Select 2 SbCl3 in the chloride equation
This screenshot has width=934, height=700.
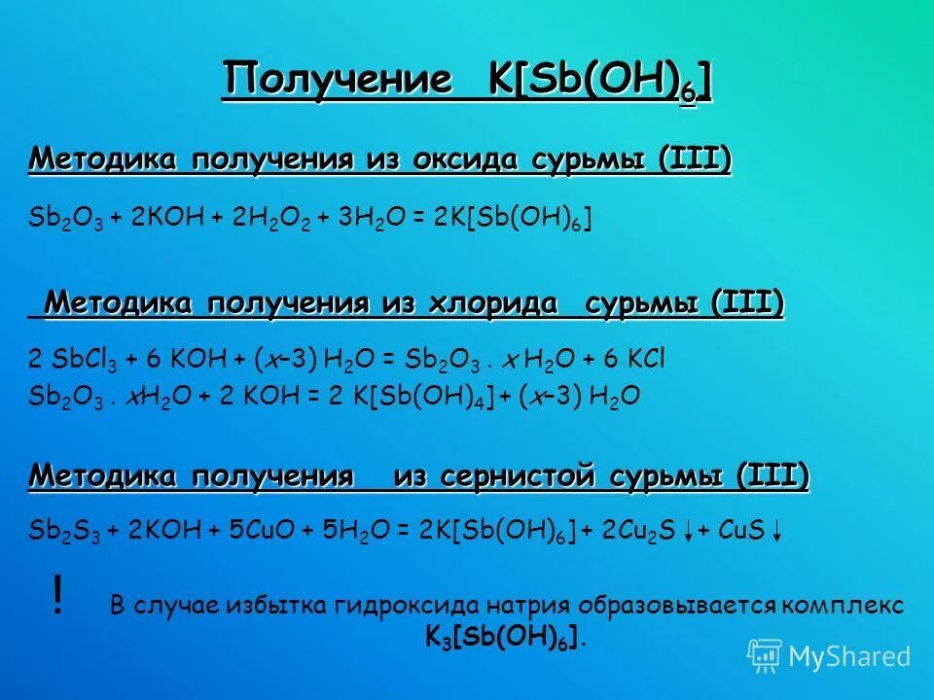tap(64, 360)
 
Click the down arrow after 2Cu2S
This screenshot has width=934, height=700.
tap(688, 531)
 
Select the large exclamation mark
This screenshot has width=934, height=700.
tap(59, 595)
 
